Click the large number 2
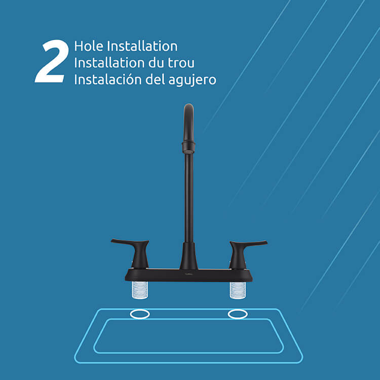pyautogui.click(x=51, y=61)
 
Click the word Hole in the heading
pyautogui.click(x=89, y=46)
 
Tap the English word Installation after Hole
pyautogui.click(x=142, y=46)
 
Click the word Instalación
pyautogui.click(x=107, y=79)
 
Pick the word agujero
pyautogui.click(x=192, y=80)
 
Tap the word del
pyautogui.click(x=155, y=79)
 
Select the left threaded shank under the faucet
pyautogui.click(x=140, y=290)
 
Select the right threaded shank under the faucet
pyautogui.click(x=238, y=290)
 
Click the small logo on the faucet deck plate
pyautogui.click(x=189, y=274)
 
